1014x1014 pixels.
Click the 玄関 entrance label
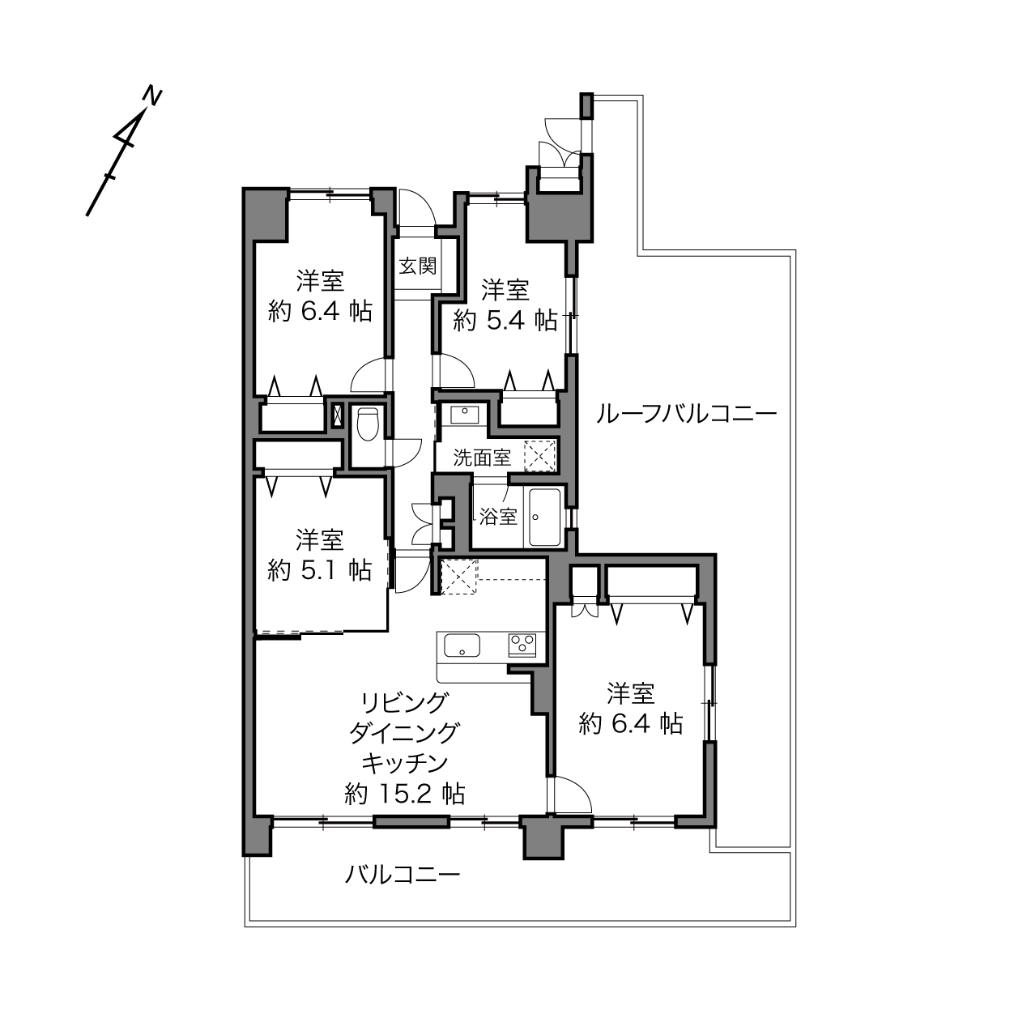(x=417, y=266)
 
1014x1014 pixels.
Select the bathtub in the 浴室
(x=545, y=518)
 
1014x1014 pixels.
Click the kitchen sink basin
(x=462, y=645)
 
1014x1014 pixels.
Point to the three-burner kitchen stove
(x=522, y=645)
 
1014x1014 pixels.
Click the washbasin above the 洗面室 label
(x=464, y=414)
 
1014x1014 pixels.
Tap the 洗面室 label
(x=482, y=458)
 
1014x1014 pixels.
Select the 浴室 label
(x=498, y=517)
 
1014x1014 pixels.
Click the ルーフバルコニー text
(x=687, y=415)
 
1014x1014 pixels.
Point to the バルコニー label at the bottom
(x=403, y=875)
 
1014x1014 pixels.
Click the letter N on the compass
(x=152, y=96)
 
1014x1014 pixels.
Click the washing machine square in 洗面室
(x=540, y=455)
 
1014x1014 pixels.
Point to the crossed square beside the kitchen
(x=459, y=576)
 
